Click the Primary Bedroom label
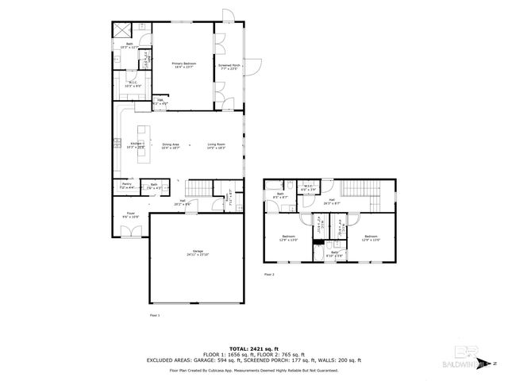[x=183, y=64]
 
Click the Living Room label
[x=217, y=146]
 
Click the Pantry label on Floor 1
[x=126, y=187]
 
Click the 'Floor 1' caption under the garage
[x=155, y=315]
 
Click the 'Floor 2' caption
[x=268, y=275]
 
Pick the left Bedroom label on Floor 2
[x=288, y=237]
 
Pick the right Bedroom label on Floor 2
[x=371, y=237]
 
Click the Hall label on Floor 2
[x=331, y=202]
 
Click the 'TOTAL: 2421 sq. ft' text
[x=254, y=348]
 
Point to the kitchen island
[x=144, y=144]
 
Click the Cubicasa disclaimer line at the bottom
[x=254, y=370]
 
